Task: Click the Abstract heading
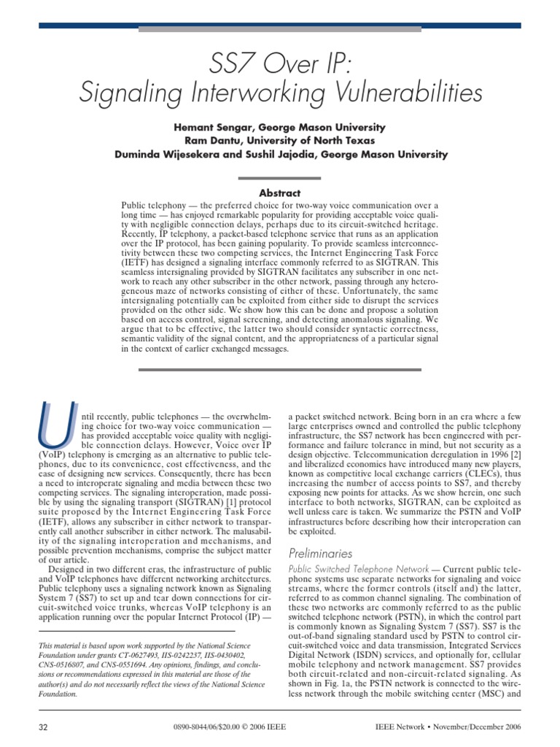[280, 193]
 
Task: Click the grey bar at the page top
[280, 29]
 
